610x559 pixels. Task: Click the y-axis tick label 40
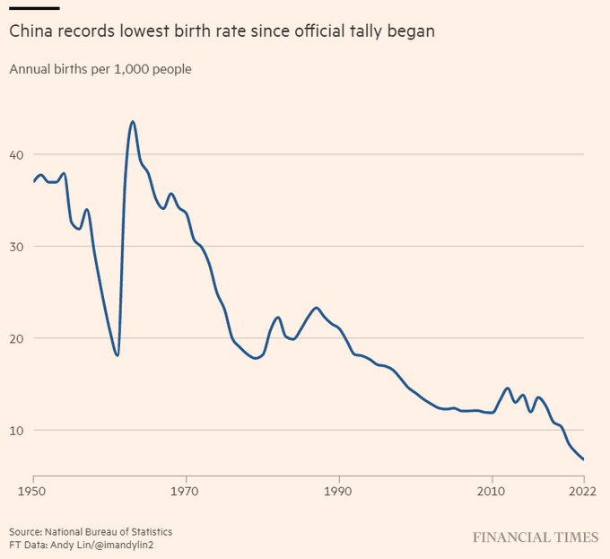(16, 154)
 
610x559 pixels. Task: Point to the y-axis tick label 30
(16, 247)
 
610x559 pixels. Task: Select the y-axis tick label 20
(16, 338)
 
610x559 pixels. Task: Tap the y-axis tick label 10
(16, 430)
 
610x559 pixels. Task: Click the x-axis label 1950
(33, 492)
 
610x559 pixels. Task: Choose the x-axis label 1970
(186, 492)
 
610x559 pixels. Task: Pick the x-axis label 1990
(339, 492)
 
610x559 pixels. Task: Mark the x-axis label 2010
(492, 492)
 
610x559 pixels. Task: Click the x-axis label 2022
(583, 492)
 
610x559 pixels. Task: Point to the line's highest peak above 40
(133, 121)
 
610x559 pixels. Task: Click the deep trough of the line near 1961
(118, 355)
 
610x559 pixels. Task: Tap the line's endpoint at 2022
(584, 459)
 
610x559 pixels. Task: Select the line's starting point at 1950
(33, 181)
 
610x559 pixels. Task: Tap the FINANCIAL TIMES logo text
(536, 537)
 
